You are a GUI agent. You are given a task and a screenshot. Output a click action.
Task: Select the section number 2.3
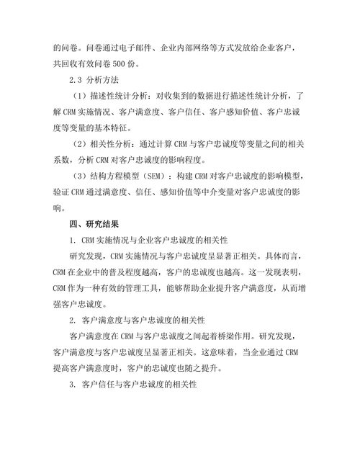click(74, 79)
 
